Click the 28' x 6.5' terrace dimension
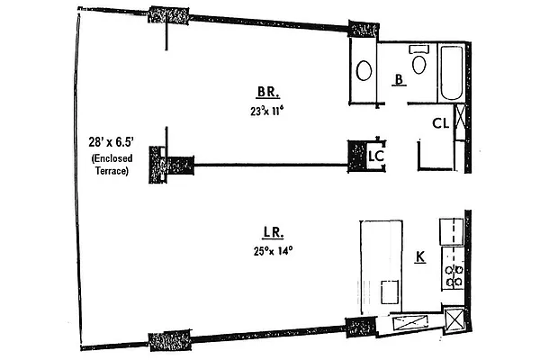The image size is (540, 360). coord(108,142)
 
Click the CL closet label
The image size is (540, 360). coord(440,122)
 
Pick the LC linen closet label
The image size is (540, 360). coord(378,156)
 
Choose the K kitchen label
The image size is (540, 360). coord(419,258)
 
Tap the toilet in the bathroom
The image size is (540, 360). coord(418,63)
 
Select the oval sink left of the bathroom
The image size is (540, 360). coord(365,69)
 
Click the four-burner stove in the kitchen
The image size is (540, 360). coord(452,274)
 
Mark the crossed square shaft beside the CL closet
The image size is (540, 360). coord(460,117)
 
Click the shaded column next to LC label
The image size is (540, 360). coord(358,154)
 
